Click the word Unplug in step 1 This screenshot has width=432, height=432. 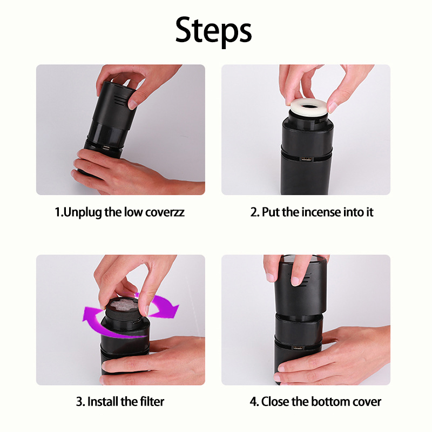tap(83, 212)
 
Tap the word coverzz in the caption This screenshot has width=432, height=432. tap(165, 212)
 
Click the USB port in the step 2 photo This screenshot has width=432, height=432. tap(306, 159)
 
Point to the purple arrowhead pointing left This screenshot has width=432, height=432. tap(89, 314)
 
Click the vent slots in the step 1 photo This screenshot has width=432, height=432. tap(120, 100)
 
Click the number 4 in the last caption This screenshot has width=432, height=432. tap(253, 402)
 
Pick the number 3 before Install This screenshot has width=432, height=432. tap(79, 402)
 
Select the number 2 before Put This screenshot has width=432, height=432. tap(253, 212)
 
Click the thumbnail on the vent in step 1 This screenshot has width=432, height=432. tap(133, 104)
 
